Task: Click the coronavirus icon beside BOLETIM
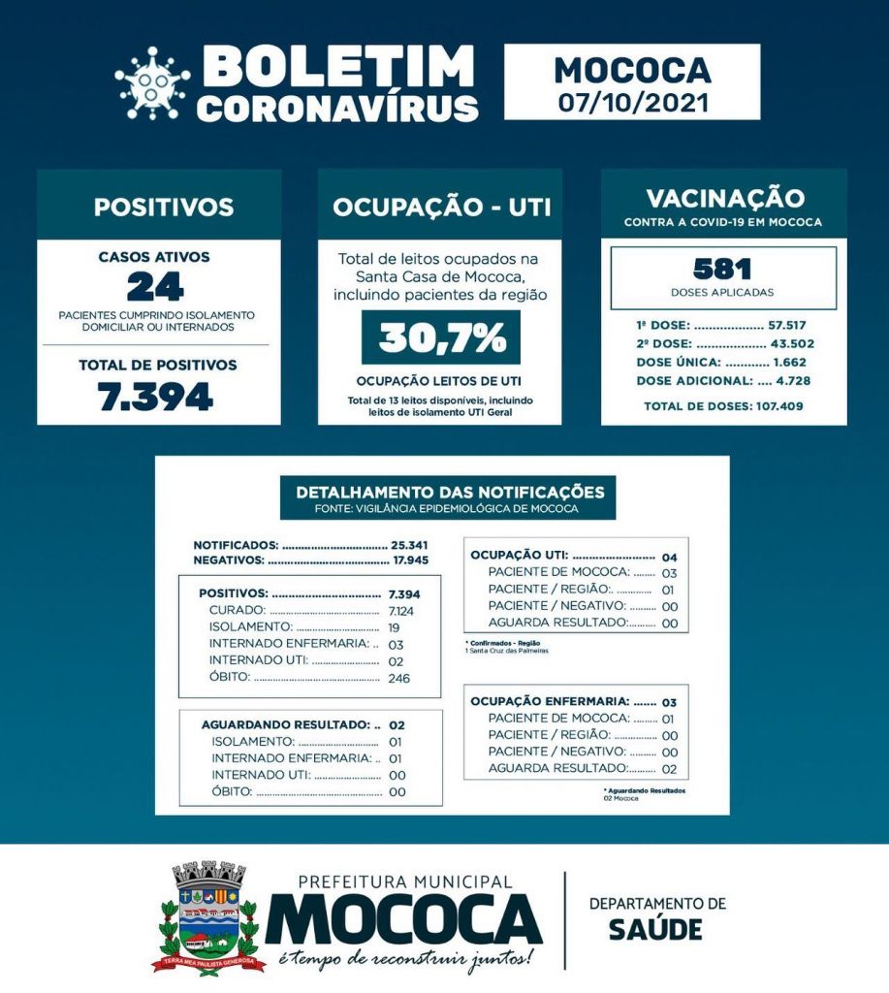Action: point(152,83)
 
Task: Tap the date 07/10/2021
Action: point(632,101)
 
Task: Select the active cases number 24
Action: point(155,287)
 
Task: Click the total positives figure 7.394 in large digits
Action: point(155,396)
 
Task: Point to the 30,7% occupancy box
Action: point(441,337)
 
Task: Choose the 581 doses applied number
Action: point(723,269)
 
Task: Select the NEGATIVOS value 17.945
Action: point(409,560)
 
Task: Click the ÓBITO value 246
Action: point(397,678)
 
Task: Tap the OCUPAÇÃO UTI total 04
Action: point(669,558)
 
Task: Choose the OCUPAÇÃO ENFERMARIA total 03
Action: point(669,701)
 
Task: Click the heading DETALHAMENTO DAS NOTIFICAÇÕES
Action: point(442,492)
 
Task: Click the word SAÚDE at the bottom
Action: point(655,929)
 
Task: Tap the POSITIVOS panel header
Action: point(163,207)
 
